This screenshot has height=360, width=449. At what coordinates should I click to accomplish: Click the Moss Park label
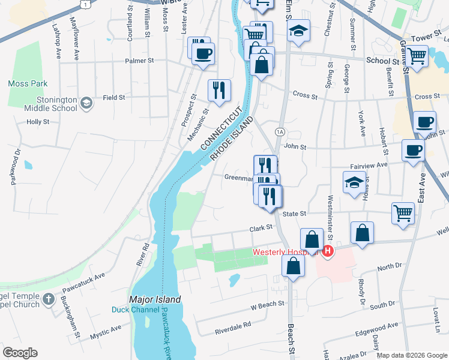[x=28, y=83]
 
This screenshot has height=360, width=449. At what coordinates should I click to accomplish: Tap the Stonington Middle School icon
[x=86, y=103]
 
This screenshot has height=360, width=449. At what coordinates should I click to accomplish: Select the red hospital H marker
[x=328, y=251]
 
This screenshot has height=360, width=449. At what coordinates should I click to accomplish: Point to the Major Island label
[x=155, y=299]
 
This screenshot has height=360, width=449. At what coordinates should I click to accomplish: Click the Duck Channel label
[x=136, y=310]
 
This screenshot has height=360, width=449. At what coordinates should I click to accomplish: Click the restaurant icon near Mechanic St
[x=218, y=90]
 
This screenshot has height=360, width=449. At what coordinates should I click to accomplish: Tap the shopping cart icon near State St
[x=403, y=212]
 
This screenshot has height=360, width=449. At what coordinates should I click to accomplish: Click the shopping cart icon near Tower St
[x=417, y=56]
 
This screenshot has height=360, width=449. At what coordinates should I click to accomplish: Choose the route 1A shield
[x=280, y=131]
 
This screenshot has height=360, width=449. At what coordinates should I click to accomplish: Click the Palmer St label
[x=139, y=61]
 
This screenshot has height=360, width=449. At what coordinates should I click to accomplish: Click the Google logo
[x=20, y=352]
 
